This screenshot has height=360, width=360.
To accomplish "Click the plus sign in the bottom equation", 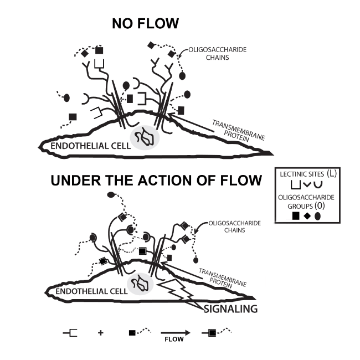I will (x=100, y=333).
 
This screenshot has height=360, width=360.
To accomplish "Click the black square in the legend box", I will (x=294, y=215).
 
